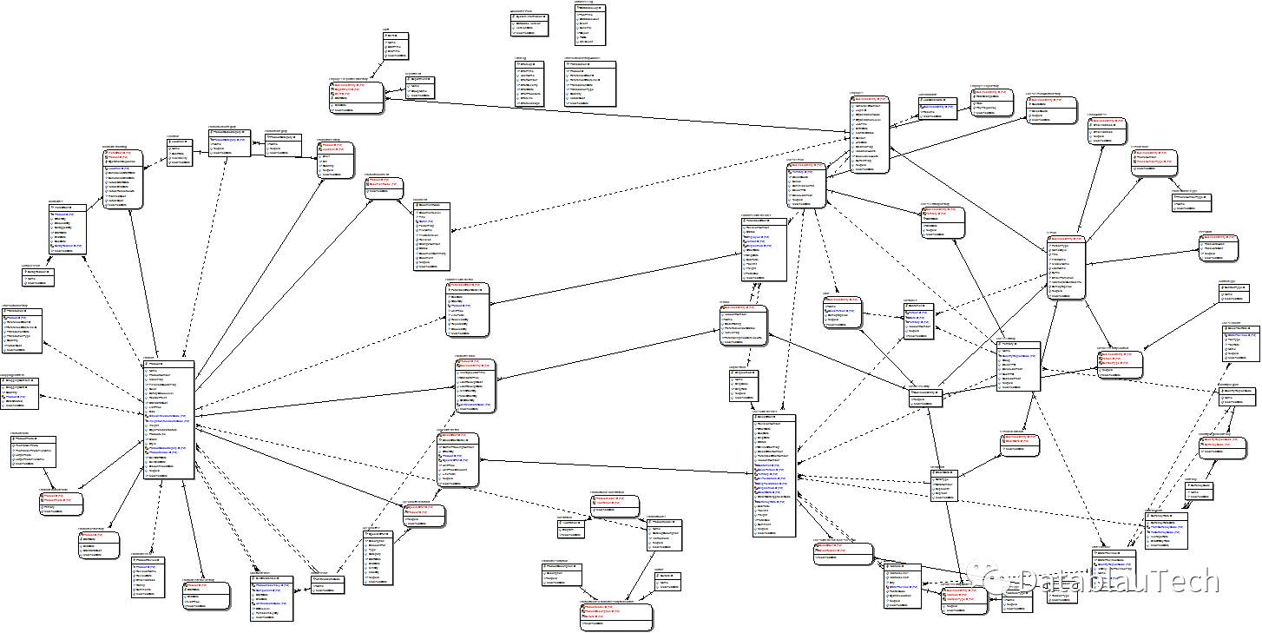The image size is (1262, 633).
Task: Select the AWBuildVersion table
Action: pyautogui.click(x=529, y=23)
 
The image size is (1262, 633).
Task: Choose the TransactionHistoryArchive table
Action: pyautogui.click(x=589, y=82)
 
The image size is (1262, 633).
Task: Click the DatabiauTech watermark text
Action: pyautogui.click(x=1120, y=581)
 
